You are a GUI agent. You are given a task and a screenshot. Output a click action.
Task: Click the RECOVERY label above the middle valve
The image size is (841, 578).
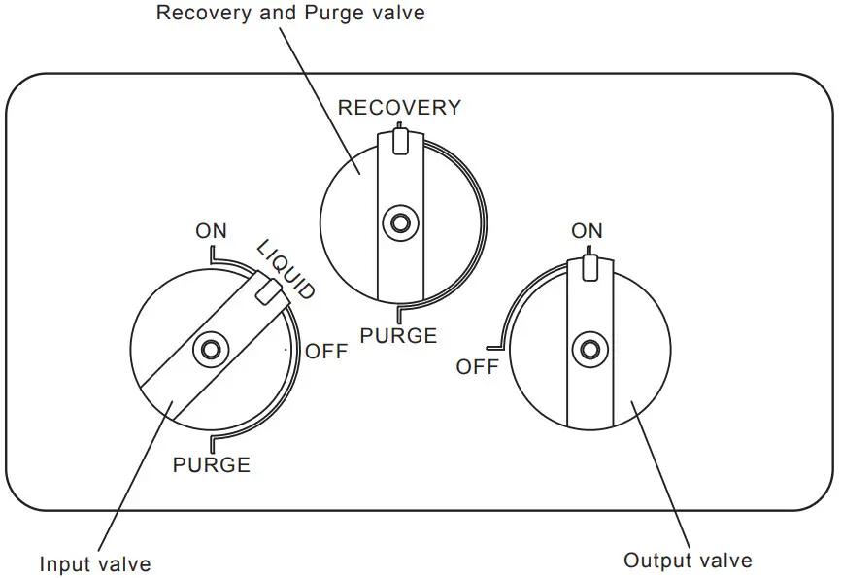click(399, 108)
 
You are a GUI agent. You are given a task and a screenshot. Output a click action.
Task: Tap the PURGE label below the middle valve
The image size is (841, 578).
click(398, 336)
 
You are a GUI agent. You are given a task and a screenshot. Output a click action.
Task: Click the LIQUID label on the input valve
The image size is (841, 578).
click(286, 268)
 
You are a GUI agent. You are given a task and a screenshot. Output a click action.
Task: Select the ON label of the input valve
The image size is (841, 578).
click(211, 231)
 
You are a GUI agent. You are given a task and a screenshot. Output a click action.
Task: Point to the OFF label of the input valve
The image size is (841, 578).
click(326, 352)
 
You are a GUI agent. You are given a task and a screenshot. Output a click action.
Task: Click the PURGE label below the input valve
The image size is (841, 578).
click(211, 464)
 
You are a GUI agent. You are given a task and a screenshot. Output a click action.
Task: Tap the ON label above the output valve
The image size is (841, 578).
click(587, 231)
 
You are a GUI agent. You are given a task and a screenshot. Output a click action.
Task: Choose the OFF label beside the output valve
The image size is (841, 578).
click(477, 367)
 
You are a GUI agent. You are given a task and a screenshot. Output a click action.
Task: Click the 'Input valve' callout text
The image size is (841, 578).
click(95, 563)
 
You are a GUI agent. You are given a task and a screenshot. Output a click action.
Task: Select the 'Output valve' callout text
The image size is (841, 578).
click(688, 561)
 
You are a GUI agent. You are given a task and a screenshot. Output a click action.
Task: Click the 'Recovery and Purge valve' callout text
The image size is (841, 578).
click(290, 14)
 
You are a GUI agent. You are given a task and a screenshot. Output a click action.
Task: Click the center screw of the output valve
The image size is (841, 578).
click(587, 350)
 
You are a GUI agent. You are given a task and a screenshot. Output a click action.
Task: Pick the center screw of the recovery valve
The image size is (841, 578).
click(398, 223)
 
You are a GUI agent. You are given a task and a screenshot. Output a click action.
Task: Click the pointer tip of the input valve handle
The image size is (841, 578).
click(263, 289)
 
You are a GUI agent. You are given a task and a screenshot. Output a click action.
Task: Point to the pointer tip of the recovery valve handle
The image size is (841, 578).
click(398, 139)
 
